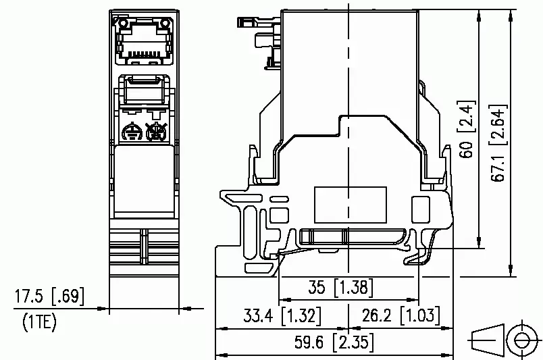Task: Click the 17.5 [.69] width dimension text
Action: [x=49, y=297]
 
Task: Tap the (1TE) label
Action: [x=39, y=322]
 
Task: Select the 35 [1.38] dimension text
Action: [x=341, y=287]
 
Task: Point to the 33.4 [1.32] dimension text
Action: [x=282, y=315]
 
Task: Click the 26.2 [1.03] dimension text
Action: [x=401, y=315]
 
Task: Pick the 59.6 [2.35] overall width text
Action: [x=334, y=342]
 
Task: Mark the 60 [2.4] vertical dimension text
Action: [x=467, y=129]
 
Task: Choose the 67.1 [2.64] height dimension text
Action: [x=498, y=143]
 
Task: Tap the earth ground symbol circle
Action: [x=132, y=132]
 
